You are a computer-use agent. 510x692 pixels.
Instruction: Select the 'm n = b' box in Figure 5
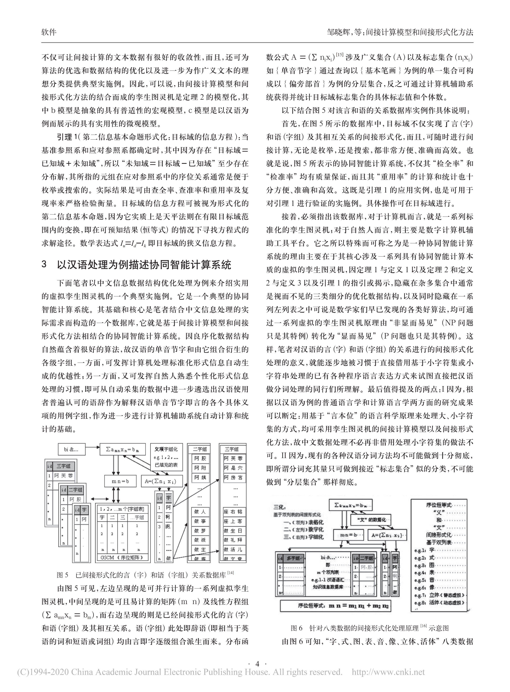pos(120,481)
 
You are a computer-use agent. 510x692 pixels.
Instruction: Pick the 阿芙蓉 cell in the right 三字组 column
pos(233,458)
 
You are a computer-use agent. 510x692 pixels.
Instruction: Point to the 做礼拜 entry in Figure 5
pos(233,540)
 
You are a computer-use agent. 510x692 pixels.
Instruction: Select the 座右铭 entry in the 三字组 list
pos(233,512)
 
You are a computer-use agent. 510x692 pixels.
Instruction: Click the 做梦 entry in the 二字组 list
pos(200,531)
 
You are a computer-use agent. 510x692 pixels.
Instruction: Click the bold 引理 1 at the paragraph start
pos(69,137)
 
